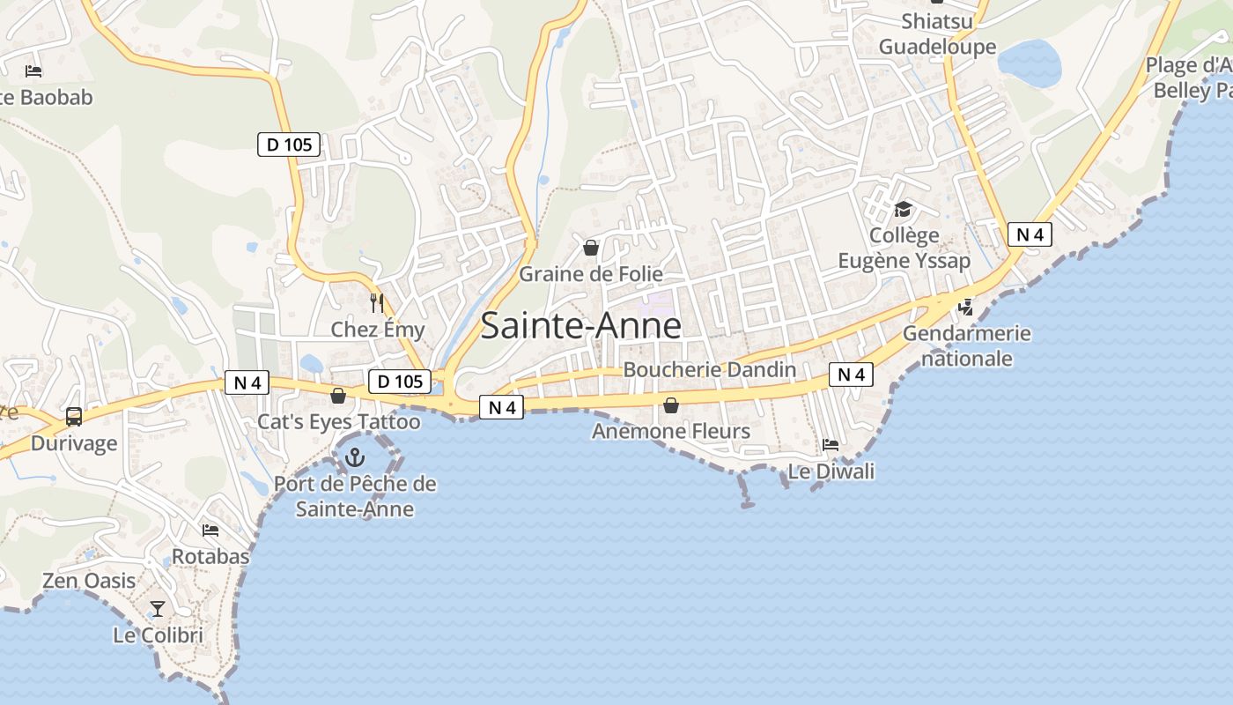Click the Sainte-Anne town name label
[x=581, y=326]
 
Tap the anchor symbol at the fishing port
[x=354, y=457]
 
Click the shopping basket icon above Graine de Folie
[x=591, y=248]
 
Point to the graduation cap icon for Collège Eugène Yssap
[x=903, y=210]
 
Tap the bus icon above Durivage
[x=74, y=417]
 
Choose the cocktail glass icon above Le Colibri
[x=158, y=608]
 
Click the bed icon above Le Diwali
[x=831, y=444]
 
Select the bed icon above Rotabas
[x=210, y=531]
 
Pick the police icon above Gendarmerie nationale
[x=966, y=308]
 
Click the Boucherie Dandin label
[x=710, y=370]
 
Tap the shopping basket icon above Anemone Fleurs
[x=671, y=405]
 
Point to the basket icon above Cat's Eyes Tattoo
[x=337, y=396]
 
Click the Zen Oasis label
[x=89, y=581]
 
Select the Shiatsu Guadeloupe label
[x=937, y=33]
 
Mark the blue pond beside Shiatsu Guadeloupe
[x=1030, y=63]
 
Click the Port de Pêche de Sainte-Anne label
[x=355, y=496]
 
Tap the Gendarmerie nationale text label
[x=966, y=346]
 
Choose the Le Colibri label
[x=159, y=634]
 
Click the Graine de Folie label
[x=591, y=274]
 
